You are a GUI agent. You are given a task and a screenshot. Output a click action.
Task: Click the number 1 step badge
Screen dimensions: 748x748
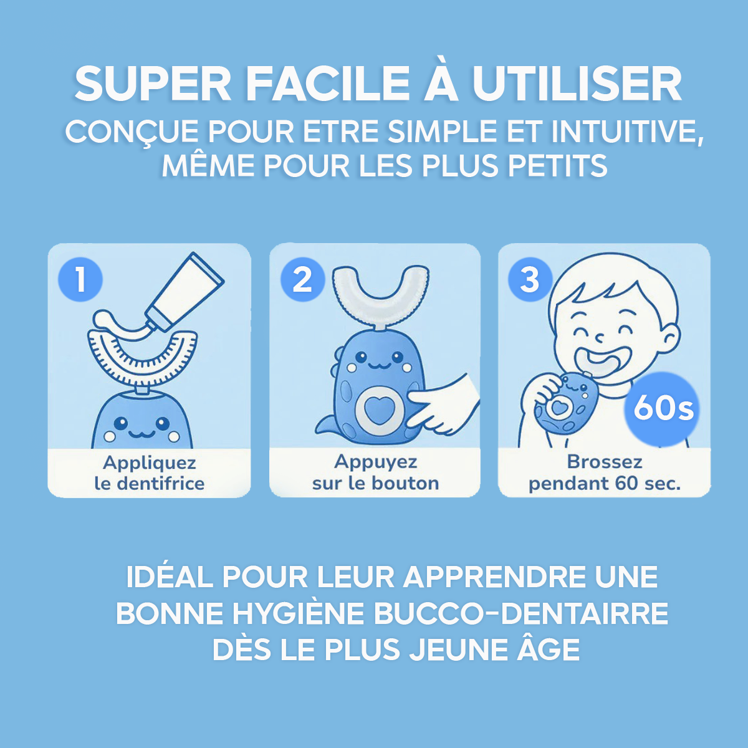pos(80,280)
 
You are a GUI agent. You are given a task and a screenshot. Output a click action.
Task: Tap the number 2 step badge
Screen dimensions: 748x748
pos(303,279)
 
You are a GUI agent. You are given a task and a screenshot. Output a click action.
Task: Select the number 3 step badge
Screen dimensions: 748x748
pos(530,279)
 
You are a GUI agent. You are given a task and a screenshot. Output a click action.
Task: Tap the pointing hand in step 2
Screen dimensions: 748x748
pos(443,408)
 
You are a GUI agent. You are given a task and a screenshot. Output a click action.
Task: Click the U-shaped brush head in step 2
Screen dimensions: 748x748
pos(380,297)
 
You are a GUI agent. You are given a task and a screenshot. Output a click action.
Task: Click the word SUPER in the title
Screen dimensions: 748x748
pos(153,84)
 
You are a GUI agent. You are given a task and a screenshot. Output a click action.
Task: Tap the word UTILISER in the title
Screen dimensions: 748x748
pos(577,84)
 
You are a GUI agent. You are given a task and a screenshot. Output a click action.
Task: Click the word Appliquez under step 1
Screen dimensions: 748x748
pos(150,463)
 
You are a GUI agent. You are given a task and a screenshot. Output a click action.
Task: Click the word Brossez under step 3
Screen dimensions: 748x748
pos(605,462)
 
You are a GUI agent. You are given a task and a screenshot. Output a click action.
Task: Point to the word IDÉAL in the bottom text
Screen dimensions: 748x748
pos(170,577)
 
